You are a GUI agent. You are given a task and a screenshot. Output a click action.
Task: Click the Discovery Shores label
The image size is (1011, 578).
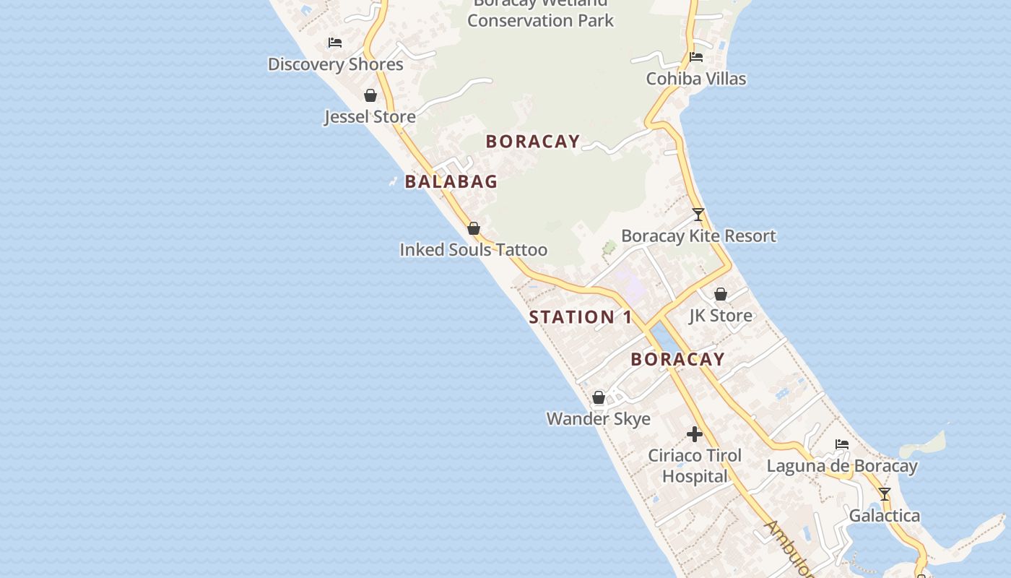pos(335,64)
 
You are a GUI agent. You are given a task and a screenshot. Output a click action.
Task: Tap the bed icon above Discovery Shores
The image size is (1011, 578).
pos(335,43)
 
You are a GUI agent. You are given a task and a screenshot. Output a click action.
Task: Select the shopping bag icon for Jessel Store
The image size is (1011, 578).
pos(370,95)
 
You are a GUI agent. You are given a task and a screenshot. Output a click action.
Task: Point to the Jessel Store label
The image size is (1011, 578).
pos(370,116)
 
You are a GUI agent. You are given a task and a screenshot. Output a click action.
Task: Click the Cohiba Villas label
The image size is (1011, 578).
pos(695,79)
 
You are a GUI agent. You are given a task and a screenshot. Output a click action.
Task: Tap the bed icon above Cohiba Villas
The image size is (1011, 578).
pos(696,57)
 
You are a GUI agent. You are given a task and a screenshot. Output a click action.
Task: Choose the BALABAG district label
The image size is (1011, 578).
pos(451,181)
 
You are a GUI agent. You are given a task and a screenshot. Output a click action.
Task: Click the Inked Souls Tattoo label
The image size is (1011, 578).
pos(473,250)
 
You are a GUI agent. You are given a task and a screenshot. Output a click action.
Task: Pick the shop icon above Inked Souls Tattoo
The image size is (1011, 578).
pos(474,228)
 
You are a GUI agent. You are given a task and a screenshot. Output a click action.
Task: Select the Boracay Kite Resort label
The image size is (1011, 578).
pos(698,236)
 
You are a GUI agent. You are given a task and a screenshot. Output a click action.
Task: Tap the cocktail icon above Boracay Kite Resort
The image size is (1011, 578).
pos(698,215)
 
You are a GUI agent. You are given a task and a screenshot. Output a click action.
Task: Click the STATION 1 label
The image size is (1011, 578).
pos(581,317)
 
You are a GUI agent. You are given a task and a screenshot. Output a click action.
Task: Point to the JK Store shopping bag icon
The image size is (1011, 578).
pos(721,294)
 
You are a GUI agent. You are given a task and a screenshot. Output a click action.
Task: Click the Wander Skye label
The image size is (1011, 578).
pos(598,419)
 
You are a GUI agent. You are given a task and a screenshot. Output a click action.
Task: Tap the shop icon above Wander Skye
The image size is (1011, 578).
pos(599,397)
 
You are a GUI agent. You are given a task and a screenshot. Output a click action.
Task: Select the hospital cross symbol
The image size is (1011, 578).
pos(695,434)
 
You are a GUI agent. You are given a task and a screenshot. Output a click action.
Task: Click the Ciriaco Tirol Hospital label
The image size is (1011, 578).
pos(695,466)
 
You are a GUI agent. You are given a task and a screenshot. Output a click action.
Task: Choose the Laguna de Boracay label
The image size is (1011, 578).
pos(842,466)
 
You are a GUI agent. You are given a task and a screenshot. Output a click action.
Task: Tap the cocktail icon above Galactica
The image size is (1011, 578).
pos(885,494)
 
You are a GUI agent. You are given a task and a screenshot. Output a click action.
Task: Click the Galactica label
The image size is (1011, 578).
pos(884,516)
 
